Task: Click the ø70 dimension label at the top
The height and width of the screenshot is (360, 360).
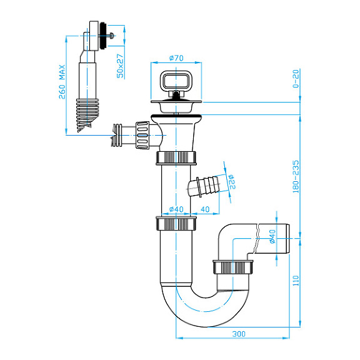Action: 175,58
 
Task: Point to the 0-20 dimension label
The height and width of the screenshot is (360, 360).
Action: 296,79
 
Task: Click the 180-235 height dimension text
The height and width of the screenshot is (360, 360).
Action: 296,176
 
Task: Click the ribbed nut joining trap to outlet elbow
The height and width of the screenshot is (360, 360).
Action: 234,267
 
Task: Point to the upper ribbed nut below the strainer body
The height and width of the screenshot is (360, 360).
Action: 176,157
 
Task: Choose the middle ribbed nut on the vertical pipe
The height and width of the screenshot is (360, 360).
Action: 176,224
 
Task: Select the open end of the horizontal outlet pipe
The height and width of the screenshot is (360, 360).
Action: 289,238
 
